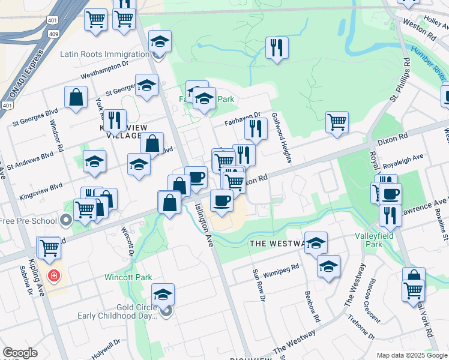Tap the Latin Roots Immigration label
104,54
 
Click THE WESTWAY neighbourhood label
276,243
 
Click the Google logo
20,353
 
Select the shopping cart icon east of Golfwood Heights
337,122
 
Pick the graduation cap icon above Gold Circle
162,294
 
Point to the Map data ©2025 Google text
411,355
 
